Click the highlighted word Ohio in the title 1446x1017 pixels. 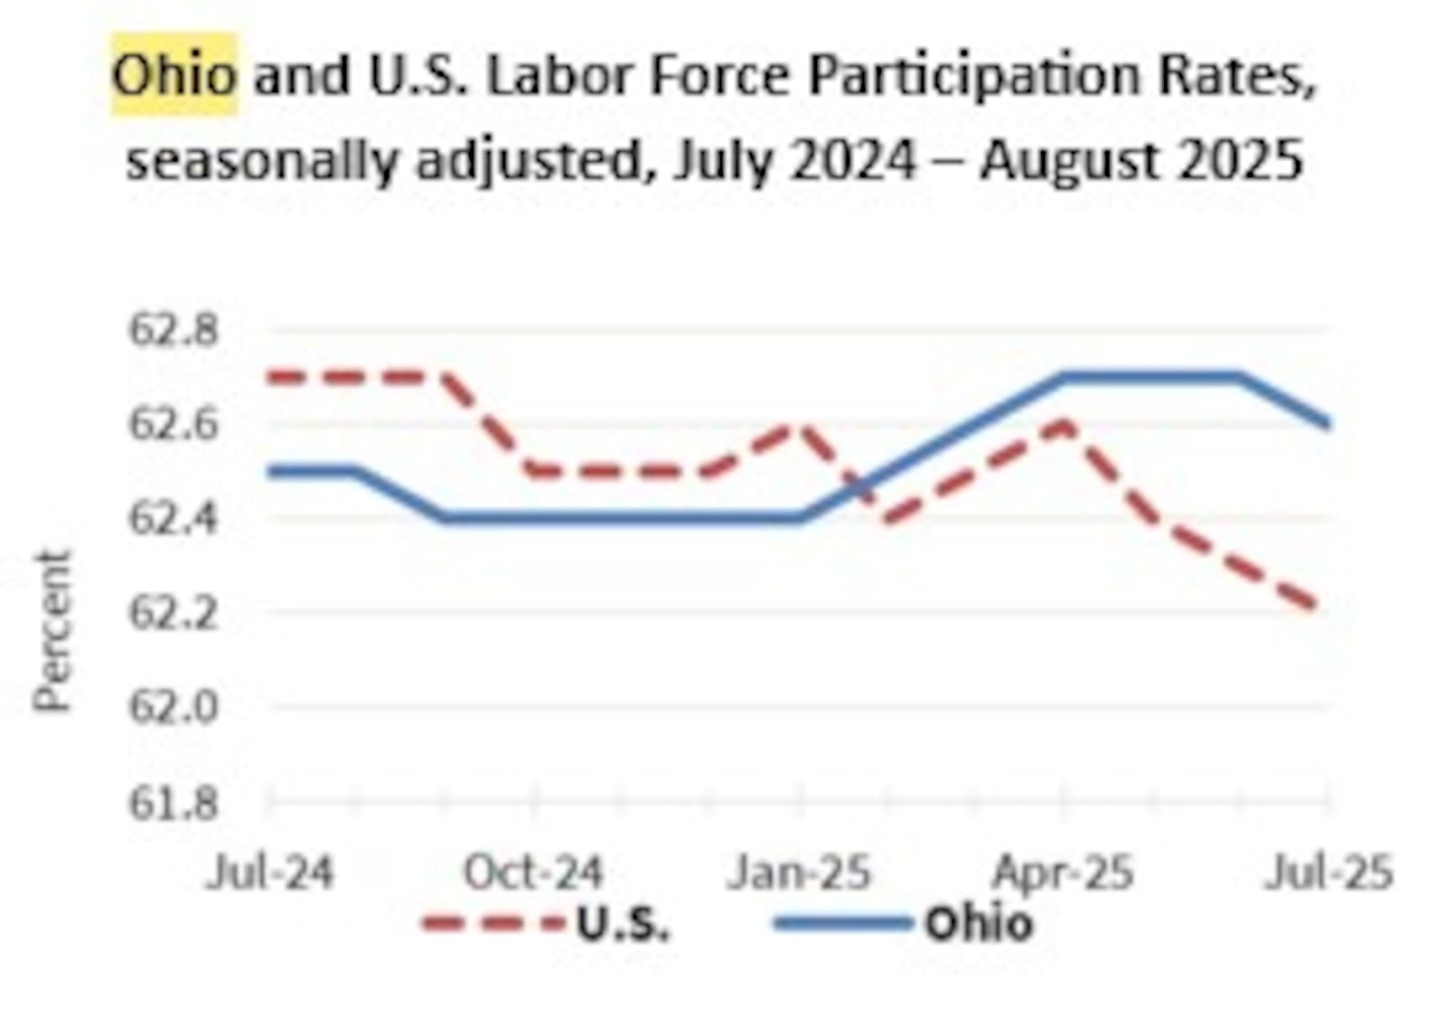point(174,75)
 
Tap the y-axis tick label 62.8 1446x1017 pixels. point(174,330)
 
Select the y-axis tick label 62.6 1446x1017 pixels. point(174,424)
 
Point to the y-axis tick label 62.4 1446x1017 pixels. point(174,518)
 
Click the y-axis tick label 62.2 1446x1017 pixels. point(174,613)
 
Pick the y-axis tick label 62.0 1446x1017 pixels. point(174,707)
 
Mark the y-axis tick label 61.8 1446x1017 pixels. point(174,802)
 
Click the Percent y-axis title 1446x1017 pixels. point(52,631)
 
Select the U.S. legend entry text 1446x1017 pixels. point(624,924)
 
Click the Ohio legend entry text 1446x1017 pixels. point(978,924)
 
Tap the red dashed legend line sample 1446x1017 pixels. point(493,924)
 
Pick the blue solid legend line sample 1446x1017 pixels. point(842,924)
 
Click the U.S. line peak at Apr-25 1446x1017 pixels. point(1065,423)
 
